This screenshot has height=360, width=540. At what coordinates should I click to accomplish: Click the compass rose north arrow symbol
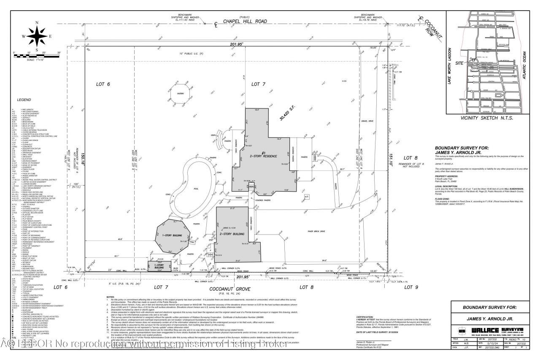point(37,35)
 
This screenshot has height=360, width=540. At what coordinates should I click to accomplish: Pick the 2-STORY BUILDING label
point(232,233)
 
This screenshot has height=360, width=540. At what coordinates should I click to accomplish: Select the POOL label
point(196,189)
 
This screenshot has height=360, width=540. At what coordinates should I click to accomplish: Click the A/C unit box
point(306,196)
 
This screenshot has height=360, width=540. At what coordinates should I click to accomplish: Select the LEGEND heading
point(24,100)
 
